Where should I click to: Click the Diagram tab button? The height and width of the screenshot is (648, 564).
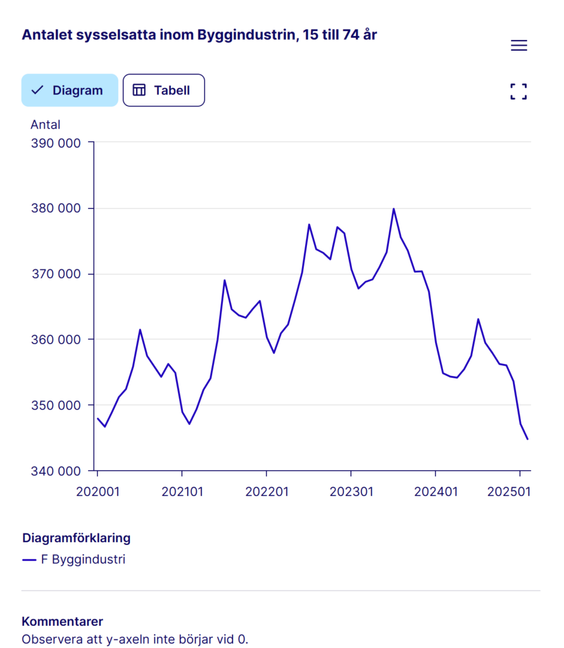click(x=70, y=90)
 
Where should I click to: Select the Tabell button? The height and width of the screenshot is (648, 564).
click(x=163, y=90)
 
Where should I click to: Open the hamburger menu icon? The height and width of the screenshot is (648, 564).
click(x=518, y=46)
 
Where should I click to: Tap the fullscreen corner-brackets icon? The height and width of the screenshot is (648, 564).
click(x=518, y=92)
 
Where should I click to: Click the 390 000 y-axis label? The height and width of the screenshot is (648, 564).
click(x=56, y=143)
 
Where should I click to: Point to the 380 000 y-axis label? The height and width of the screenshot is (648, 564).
click(x=56, y=209)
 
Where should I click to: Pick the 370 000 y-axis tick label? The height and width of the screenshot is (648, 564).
click(x=56, y=274)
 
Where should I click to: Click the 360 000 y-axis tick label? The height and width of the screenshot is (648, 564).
click(x=56, y=340)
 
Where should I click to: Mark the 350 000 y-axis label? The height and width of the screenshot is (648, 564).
click(x=56, y=405)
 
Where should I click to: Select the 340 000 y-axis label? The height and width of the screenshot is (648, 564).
click(x=56, y=471)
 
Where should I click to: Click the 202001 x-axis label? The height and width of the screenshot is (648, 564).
click(x=97, y=491)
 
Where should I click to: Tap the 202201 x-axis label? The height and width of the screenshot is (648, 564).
click(x=266, y=491)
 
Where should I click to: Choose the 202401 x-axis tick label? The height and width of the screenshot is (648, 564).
click(x=436, y=491)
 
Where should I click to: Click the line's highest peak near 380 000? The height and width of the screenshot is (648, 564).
click(x=393, y=209)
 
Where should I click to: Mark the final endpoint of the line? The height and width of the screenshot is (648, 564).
click(x=527, y=439)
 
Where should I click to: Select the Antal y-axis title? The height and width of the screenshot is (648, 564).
click(x=46, y=125)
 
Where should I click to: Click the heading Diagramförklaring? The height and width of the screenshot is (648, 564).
click(x=76, y=538)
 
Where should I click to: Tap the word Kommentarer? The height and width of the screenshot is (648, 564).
click(x=62, y=621)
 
